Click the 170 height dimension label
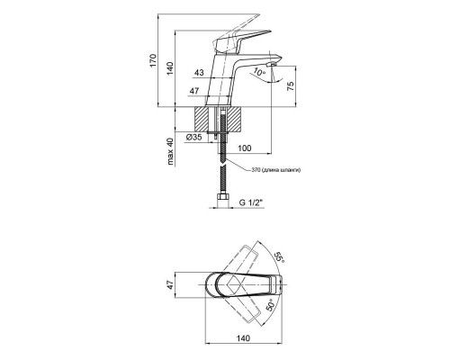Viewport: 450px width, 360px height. click(x=153, y=60)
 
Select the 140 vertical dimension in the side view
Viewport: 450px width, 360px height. click(x=170, y=68)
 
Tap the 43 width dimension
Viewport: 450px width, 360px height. click(x=199, y=73)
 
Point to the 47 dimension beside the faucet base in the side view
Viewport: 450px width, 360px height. click(x=194, y=91)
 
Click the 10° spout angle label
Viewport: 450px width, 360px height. click(x=258, y=72)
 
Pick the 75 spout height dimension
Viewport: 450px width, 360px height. click(x=291, y=85)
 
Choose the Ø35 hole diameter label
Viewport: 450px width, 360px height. click(x=193, y=138)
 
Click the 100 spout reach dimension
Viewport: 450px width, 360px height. click(x=245, y=148)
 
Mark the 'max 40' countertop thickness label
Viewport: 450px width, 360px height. click(x=170, y=151)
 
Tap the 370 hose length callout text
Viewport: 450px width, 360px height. click(x=275, y=170)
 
